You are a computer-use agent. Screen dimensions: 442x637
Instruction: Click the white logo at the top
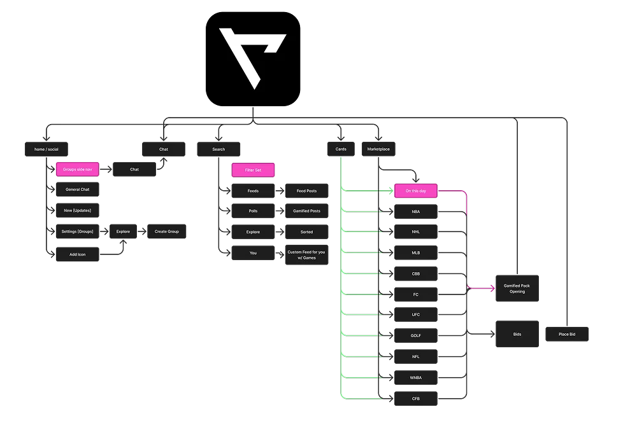tap(253, 58)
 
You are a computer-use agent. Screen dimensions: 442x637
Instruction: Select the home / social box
tap(46, 149)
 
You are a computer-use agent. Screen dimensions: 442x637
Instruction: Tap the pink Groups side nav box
tap(78, 170)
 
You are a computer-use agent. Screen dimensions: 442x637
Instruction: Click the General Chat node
tap(78, 190)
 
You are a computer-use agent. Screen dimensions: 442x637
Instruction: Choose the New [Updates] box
tap(78, 211)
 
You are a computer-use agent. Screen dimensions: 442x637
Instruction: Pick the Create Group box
tap(167, 231)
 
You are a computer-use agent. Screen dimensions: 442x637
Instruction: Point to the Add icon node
tap(78, 254)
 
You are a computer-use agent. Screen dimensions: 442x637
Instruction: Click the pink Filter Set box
tap(253, 170)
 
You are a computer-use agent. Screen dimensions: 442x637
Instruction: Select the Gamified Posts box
tap(306, 211)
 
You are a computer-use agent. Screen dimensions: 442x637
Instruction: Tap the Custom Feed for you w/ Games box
tap(306, 254)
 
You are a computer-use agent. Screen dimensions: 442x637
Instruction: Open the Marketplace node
tap(378, 149)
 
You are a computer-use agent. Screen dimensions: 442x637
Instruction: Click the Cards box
tap(341, 149)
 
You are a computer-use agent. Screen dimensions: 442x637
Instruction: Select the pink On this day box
tap(415, 191)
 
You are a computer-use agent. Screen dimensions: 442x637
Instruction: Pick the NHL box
tap(415, 231)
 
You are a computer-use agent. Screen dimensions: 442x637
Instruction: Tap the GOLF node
tap(415, 335)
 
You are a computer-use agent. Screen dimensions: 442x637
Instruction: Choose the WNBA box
tap(415, 378)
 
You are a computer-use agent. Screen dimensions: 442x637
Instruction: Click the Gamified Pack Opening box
tap(517, 289)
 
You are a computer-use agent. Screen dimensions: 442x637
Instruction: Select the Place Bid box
tap(567, 334)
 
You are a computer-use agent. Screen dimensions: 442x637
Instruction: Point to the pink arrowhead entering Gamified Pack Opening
tap(492, 288)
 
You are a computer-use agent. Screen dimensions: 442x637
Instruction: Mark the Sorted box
tap(306, 232)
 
